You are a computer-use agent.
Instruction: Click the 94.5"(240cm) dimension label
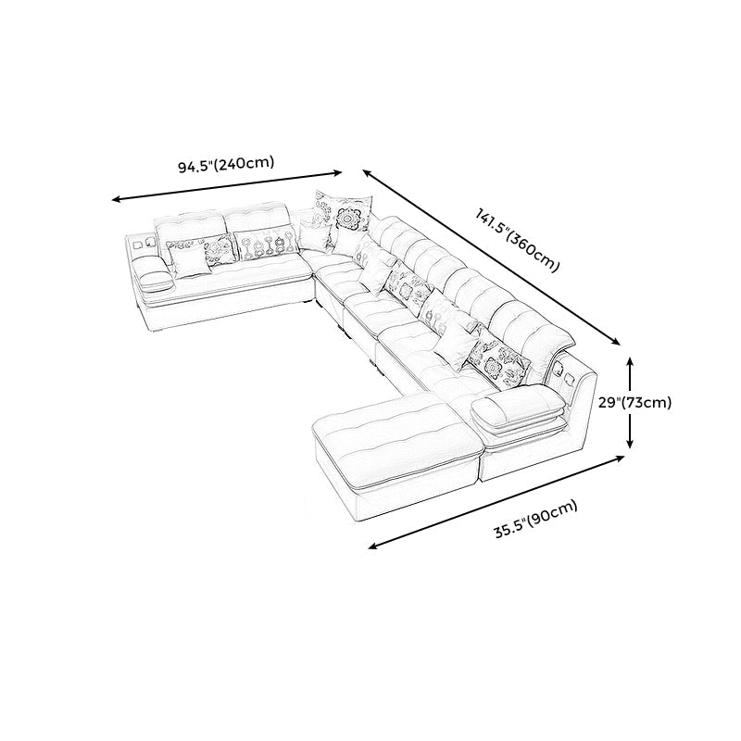click(x=226, y=165)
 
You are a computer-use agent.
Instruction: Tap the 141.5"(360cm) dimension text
click(x=518, y=240)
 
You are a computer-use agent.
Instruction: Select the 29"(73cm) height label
click(x=634, y=403)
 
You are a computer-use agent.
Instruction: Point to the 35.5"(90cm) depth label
click(x=536, y=519)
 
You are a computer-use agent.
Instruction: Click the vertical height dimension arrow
click(x=630, y=403)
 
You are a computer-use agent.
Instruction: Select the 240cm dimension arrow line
click(x=227, y=186)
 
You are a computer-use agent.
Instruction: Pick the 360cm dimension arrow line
click(x=491, y=258)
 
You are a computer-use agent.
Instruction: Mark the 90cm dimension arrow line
click(x=496, y=502)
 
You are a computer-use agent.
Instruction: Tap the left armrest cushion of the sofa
click(x=153, y=273)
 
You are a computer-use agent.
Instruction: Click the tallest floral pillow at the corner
click(x=344, y=215)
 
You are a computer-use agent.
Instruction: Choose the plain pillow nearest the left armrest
click(x=190, y=260)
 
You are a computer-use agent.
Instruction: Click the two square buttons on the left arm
click(x=144, y=245)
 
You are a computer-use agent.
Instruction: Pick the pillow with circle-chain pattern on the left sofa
click(x=267, y=244)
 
